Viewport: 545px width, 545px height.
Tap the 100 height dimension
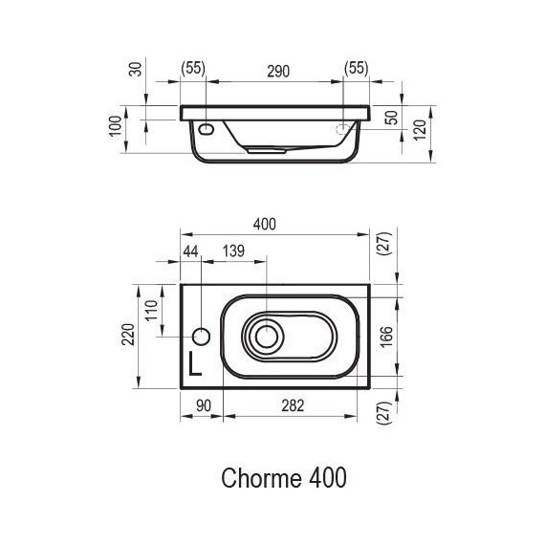click(116, 126)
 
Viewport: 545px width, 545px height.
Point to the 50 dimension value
click(389, 118)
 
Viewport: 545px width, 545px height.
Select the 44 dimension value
click(189, 251)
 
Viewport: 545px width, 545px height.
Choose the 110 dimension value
click(149, 312)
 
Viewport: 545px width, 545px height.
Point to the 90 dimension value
click(203, 405)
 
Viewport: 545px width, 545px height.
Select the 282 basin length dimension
click(293, 405)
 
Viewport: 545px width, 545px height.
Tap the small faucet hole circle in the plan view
click(201, 337)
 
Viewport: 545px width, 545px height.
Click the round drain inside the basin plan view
click(265, 337)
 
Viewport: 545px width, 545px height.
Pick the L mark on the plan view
click(195, 362)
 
